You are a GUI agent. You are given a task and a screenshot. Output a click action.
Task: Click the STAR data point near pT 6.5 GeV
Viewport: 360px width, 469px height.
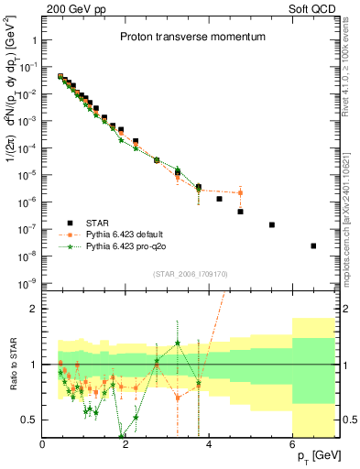pyautogui.click(x=313, y=245)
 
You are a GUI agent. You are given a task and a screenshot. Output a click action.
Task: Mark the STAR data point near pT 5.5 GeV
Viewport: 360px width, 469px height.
pyautogui.click(x=272, y=224)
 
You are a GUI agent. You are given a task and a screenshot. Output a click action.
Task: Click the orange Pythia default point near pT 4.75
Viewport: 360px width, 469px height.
pyautogui.click(x=240, y=192)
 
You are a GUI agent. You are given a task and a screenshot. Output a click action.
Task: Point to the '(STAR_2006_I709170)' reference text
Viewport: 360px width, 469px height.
pyautogui.click(x=191, y=272)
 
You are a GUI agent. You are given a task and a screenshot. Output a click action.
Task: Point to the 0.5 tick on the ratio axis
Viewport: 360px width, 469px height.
pyautogui.click(x=30, y=420)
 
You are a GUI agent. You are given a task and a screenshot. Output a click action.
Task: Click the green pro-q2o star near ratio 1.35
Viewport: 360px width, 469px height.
pyautogui.click(x=178, y=344)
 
